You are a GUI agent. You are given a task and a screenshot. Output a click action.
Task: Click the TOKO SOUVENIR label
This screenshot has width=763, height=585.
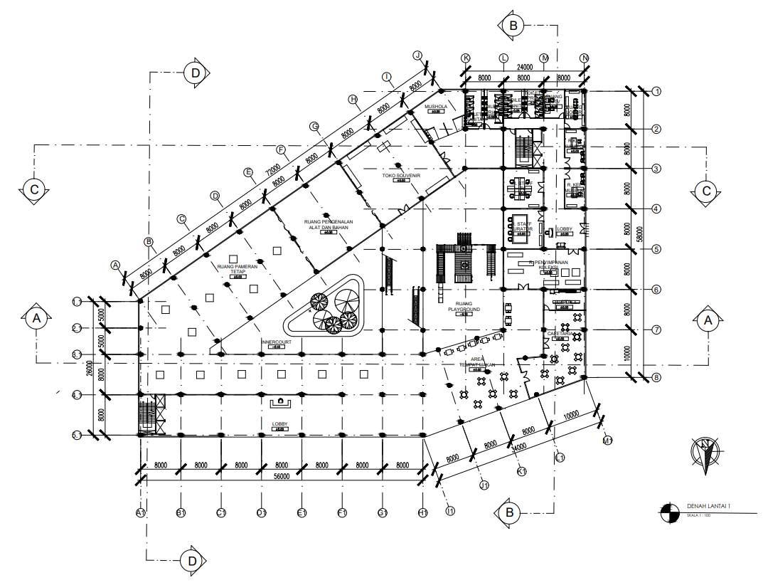pyautogui.click(x=401, y=174)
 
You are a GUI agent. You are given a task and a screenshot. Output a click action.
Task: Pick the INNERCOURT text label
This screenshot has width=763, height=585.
pyautogui.click(x=275, y=342)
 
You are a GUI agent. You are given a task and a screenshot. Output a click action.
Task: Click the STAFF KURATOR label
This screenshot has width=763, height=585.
pyautogui.click(x=524, y=226)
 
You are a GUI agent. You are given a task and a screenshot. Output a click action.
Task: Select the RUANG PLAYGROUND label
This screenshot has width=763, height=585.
pyautogui.click(x=464, y=307)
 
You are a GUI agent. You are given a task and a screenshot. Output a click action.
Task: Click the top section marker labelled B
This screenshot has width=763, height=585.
pyautogui.click(x=511, y=26)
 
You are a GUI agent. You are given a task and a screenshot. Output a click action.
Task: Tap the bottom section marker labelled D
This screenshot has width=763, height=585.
pyautogui.click(x=192, y=561)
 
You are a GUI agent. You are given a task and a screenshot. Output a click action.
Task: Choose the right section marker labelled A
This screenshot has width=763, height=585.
pyautogui.click(x=707, y=320)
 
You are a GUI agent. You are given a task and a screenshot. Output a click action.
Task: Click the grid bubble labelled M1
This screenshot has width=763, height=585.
pyautogui.click(x=607, y=441)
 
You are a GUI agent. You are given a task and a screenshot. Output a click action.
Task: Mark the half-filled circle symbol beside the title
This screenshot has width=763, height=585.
pyautogui.click(x=668, y=511)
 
